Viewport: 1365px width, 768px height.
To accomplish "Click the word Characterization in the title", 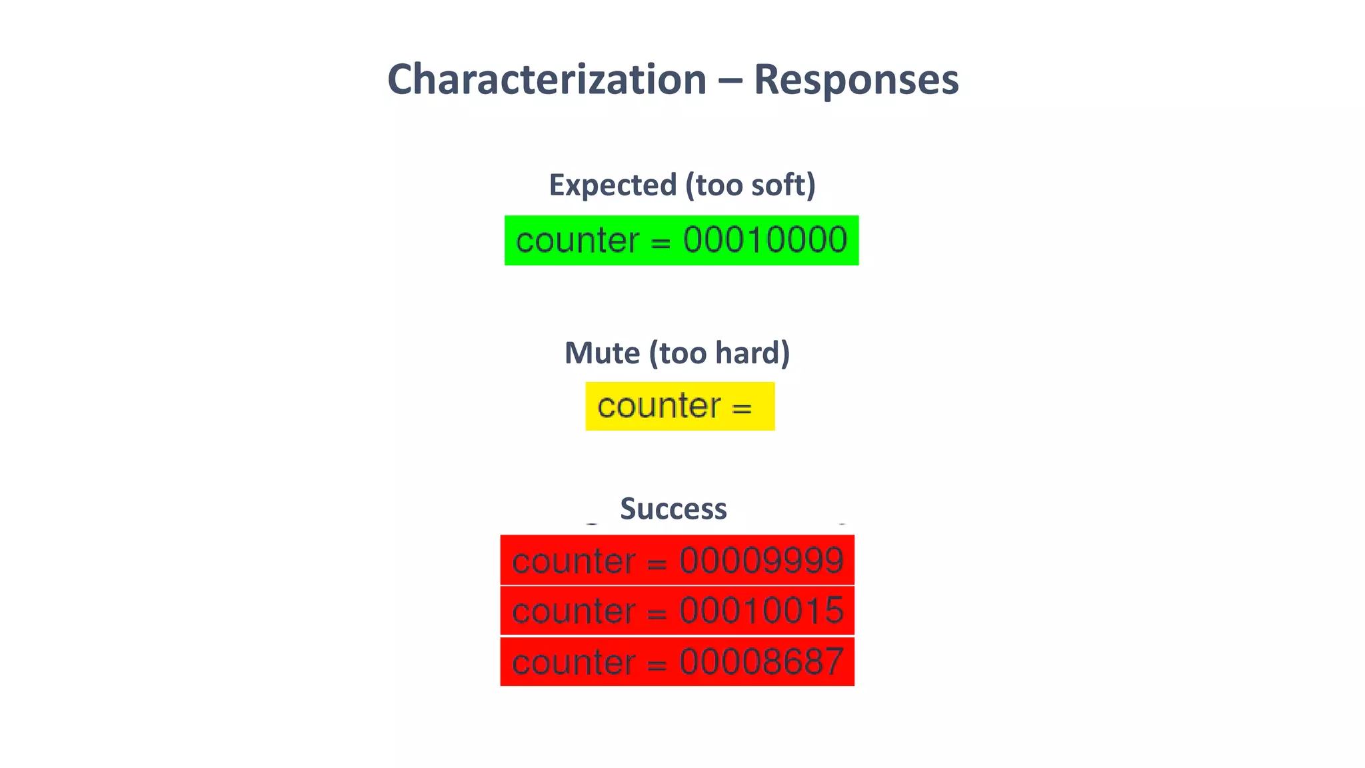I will coord(547,80).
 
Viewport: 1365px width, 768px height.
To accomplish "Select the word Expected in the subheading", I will coord(613,185).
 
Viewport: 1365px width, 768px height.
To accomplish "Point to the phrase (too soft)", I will coord(750,185).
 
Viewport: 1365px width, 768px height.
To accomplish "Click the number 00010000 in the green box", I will coord(765,240).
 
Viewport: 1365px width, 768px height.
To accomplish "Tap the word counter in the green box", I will coord(577,241).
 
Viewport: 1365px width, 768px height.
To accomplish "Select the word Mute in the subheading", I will coord(602,353).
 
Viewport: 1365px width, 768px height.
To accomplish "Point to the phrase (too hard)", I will coord(719,353).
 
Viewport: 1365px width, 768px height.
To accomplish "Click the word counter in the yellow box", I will coord(659,406).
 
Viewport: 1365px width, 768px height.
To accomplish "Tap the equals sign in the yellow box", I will coord(742,408).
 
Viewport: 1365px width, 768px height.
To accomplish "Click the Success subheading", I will coord(673,509).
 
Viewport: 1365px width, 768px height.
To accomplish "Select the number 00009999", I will coord(761,561).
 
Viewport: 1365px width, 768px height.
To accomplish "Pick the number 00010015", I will coord(761,611).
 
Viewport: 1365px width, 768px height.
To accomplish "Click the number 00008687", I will coord(761,662).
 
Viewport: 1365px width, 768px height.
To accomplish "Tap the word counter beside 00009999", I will coord(573,561).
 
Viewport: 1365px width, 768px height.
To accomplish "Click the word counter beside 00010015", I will coord(573,611).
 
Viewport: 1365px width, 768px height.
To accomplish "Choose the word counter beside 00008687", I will coord(573,663).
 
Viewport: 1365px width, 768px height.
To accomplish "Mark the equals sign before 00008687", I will coord(657,665).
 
